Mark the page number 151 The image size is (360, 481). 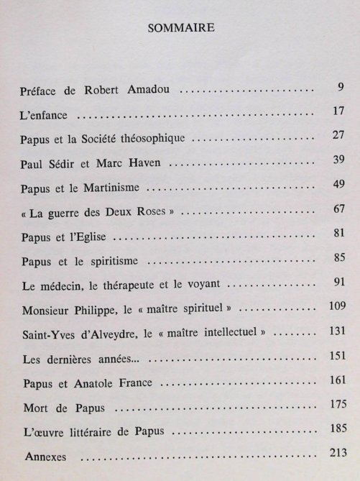pyautogui.click(x=336, y=353)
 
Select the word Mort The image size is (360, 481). pyautogui.click(x=37, y=406)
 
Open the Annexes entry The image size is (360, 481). pyautogui.click(x=45, y=455)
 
